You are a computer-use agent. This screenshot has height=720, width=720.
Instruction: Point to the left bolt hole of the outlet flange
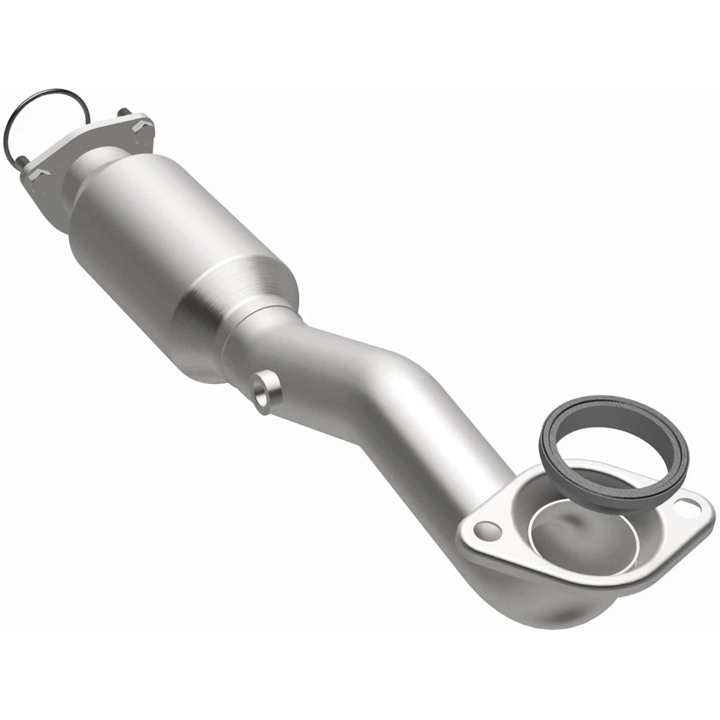487,531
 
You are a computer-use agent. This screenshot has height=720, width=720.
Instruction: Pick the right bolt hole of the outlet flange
687,507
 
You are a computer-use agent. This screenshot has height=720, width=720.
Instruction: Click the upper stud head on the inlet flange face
139,127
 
